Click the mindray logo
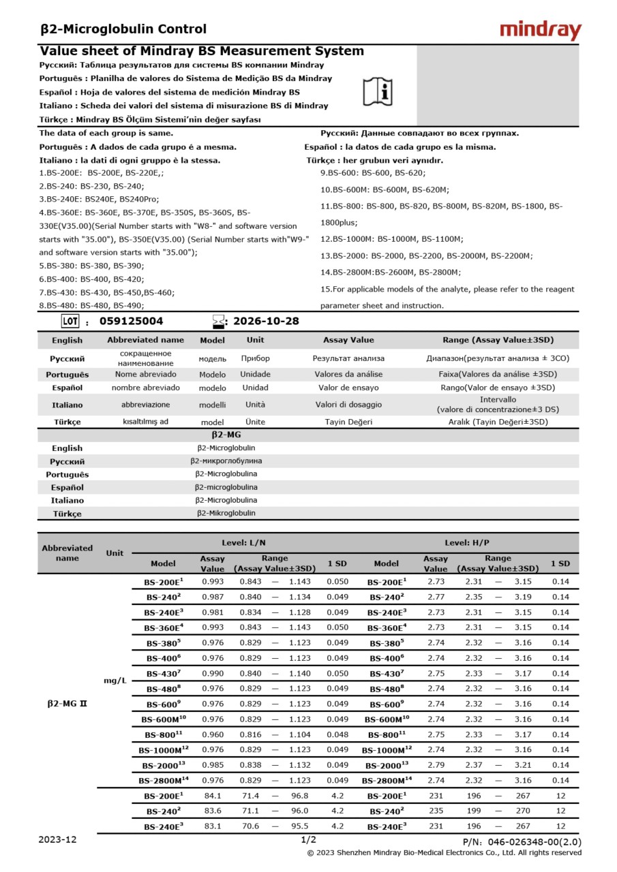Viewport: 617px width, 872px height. click(540, 30)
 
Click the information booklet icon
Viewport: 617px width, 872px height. click(377, 91)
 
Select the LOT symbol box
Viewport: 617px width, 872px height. click(70, 322)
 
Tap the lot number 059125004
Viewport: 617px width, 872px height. click(132, 322)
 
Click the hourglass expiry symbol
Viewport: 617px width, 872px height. click(218, 322)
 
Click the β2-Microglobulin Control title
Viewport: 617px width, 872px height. click(123, 29)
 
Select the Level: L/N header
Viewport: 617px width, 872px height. click(243, 543)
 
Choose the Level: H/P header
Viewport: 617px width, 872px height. click(467, 543)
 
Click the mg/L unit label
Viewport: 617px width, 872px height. click(115, 681)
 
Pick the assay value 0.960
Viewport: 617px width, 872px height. click(212, 734)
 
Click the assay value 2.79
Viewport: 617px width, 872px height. click(436, 765)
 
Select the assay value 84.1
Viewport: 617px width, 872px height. click(212, 796)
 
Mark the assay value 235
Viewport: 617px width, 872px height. click(436, 811)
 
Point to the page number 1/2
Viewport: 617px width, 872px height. click(308, 840)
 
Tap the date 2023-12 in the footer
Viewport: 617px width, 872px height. click(57, 840)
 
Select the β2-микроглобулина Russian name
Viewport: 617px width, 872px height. click(226, 461)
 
